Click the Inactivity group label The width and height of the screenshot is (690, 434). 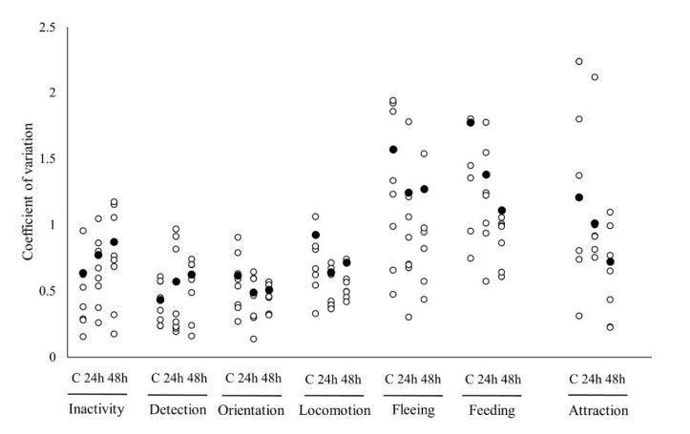pyautogui.click(x=99, y=411)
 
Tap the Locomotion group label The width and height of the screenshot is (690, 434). pyautogui.click(x=332, y=411)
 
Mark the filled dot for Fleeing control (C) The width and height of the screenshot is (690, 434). pyautogui.click(x=392, y=150)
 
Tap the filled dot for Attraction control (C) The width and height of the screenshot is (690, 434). pyautogui.click(x=578, y=197)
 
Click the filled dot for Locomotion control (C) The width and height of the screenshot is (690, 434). pyautogui.click(x=316, y=235)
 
